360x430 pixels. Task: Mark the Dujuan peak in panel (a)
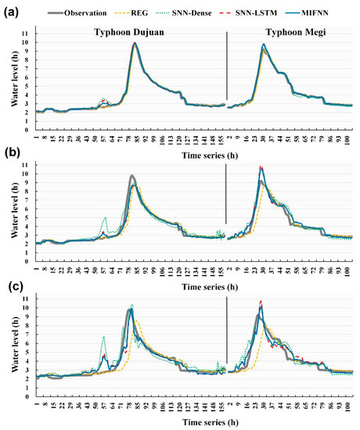point(135,43)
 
